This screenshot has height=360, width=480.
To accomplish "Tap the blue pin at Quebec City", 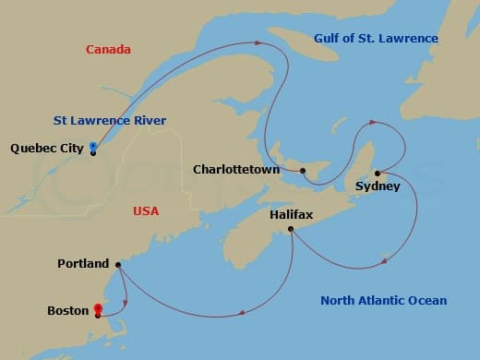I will pos(93,147).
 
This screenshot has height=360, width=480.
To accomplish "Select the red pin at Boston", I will pos(97,309).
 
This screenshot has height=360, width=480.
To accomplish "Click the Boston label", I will pos(67,311).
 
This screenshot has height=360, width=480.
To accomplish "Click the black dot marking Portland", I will pos(117,265).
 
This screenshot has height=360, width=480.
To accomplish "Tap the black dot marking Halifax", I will pos(291,229).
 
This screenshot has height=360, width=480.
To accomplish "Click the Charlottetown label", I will pos(235,170).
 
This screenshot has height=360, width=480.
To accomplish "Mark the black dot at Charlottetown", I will pos(303,171).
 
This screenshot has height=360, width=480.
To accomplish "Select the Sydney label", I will pos(378,186).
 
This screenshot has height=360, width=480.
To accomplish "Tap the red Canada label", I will pos(108,49).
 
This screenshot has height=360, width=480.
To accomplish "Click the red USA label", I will pos(146,211).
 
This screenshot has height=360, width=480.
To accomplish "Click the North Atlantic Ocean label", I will pos(383,300).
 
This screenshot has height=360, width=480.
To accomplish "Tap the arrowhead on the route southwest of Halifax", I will pos(242,313).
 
